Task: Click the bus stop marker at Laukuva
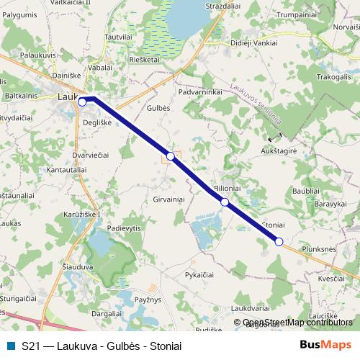point(82,102)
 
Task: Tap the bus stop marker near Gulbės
point(171,156)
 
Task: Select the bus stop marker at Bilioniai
point(225,202)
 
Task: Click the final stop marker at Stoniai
point(279,241)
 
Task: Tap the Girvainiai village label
point(169,199)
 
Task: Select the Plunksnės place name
point(320,249)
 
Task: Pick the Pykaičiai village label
point(199,275)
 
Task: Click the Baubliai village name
point(306,190)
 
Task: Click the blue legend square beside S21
point(10,346)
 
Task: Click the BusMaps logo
point(326,345)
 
